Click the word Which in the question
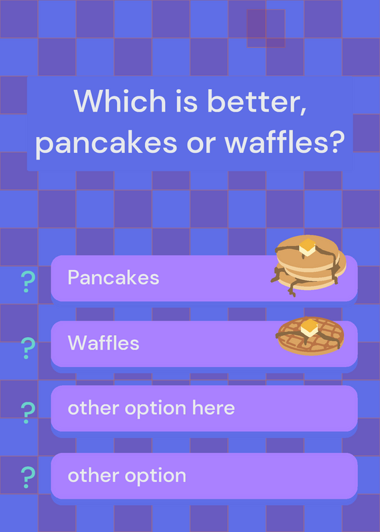click(x=120, y=101)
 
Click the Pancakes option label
click(x=113, y=277)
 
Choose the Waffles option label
click(x=104, y=342)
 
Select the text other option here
click(x=151, y=408)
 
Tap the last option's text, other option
click(x=127, y=475)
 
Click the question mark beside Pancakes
click(x=27, y=282)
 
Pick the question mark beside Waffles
click(x=27, y=348)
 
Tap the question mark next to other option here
click(x=27, y=412)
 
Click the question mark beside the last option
click(x=27, y=477)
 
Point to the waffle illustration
click(x=309, y=336)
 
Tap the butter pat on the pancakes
click(x=307, y=247)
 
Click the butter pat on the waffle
click(x=309, y=327)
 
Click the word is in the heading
click(x=186, y=101)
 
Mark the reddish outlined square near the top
click(x=266, y=29)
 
